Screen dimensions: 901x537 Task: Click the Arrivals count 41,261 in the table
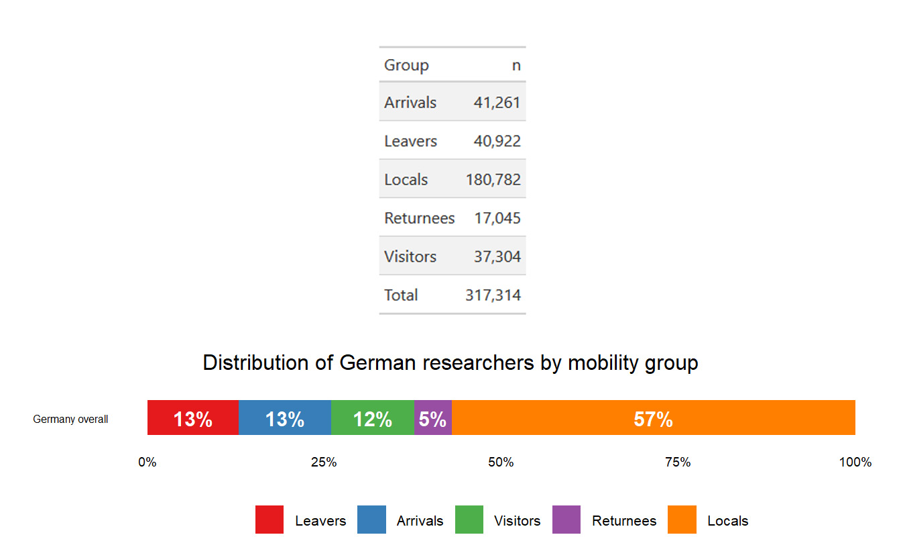tap(497, 103)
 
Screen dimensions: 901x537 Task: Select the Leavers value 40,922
tap(497, 142)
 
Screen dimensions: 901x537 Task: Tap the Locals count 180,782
tap(493, 180)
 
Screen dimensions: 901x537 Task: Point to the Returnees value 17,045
tap(497, 218)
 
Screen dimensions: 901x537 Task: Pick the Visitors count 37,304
tap(497, 256)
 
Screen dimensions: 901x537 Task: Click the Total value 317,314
tap(493, 295)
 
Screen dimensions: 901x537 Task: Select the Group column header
tap(406, 65)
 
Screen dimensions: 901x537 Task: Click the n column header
tap(516, 66)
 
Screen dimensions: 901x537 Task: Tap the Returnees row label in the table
tap(419, 218)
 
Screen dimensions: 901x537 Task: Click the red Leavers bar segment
tap(193, 418)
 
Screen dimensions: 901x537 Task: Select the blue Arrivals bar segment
tap(285, 418)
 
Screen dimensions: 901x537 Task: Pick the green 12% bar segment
tap(373, 418)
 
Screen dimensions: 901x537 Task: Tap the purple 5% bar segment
tap(433, 418)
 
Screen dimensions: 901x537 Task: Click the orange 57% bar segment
tap(654, 418)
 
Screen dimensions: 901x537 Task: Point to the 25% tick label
tap(324, 462)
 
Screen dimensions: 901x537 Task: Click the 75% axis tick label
tap(678, 462)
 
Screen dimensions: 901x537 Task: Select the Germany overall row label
tap(70, 420)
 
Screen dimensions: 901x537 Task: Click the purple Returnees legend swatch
tap(566, 520)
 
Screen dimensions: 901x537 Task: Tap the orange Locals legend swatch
tap(682, 520)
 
